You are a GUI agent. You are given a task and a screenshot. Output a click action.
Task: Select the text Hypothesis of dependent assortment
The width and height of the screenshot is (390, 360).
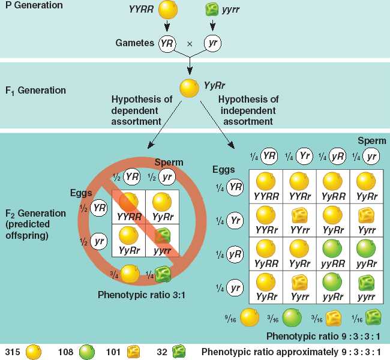point(136,109)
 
